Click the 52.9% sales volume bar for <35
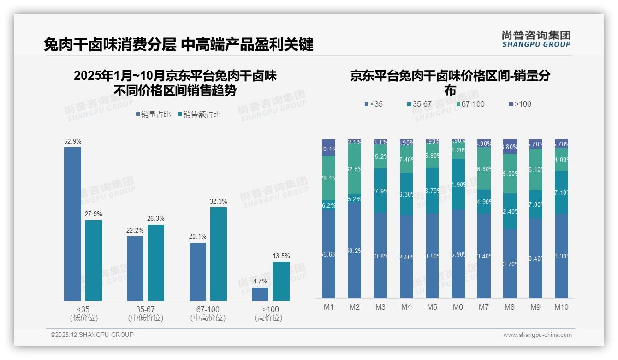(72, 224)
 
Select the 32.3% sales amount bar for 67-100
(219, 254)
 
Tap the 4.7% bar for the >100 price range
(260, 294)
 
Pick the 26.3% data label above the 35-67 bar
(156, 218)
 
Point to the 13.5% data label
(281, 256)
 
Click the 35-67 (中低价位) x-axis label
(146, 313)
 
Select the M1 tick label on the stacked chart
(328, 307)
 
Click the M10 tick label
(561, 307)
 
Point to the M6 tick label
(458, 307)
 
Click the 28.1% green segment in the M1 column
(328, 178)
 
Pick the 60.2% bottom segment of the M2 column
(354, 251)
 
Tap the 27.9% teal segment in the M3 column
(380, 191)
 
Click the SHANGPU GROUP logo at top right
(536, 39)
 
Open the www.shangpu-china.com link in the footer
(537, 335)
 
